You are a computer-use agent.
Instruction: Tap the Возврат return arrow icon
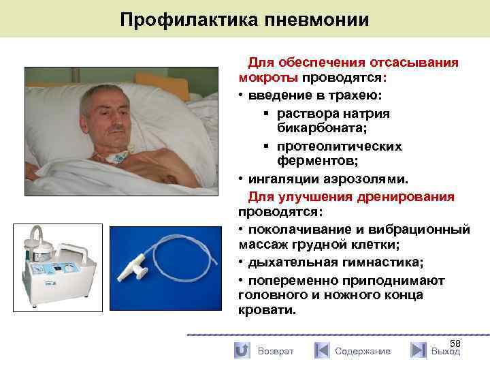[x=242, y=350]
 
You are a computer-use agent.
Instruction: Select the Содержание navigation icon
[x=322, y=350]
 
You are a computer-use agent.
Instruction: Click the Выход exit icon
[x=419, y=350]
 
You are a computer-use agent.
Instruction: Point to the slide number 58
[x=455, y=343]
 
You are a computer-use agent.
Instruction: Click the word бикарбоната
[x=315, y=127]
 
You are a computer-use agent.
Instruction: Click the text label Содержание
[x=363, y=351]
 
